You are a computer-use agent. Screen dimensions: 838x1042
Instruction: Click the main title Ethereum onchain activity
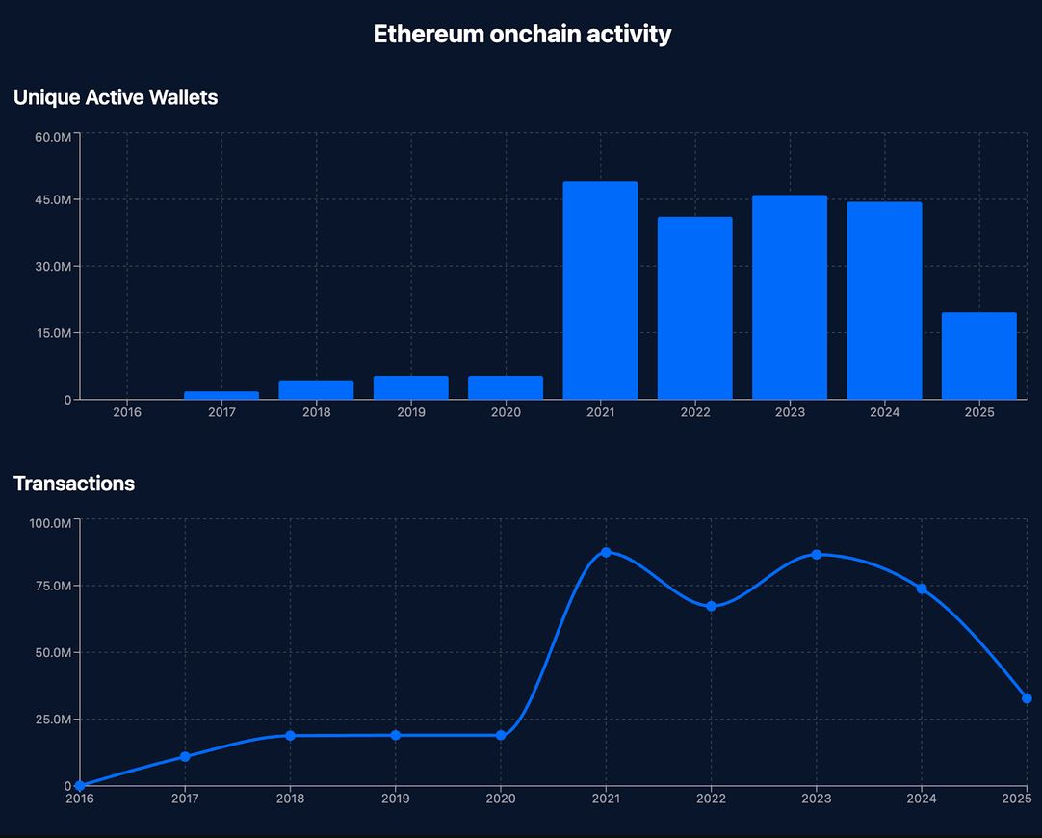click(x=522, y=34)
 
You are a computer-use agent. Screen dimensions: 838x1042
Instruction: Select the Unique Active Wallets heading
click(x=116, y=97)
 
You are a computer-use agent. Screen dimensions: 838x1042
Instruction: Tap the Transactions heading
click(x=74, y=484)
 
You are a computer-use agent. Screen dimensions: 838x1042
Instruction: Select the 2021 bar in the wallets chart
click(x=600, y=290)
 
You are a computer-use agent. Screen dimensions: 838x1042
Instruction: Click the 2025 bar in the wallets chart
click(x=978, y=355)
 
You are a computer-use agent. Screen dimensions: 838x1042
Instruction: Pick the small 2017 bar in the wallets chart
click(x=221, y=395)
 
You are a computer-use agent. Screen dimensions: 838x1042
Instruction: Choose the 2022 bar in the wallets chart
click(x=694, y=307)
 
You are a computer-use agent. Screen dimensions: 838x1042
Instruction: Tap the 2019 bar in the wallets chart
click(x=410, y=387)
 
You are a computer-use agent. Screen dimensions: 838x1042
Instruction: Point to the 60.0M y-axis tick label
click(x=53, y=137)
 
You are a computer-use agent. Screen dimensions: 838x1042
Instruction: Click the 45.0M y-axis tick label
click(x=53, y=199)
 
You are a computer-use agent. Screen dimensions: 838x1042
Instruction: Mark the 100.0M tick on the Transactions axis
click(x=50, y=523)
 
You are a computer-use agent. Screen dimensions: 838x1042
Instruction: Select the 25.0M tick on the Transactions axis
click(x=53, y=720)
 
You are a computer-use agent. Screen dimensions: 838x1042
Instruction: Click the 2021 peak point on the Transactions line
click(x=606, y=552)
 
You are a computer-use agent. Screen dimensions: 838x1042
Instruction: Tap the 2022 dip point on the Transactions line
click(x=711, y=606)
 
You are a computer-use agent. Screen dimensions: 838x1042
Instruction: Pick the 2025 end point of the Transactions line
click(x=1027, y=698)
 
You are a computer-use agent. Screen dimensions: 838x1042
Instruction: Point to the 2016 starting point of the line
click(x=80, y=786)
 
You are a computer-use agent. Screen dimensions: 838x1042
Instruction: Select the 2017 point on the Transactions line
click(x=185, y=756)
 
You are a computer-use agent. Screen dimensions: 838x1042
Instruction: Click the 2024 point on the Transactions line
click(x=922, y=589)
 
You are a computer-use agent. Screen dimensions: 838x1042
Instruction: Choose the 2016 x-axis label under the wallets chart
click(x=127, y=412)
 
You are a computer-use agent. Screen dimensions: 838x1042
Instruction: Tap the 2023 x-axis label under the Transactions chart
click(x=816, y=799)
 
